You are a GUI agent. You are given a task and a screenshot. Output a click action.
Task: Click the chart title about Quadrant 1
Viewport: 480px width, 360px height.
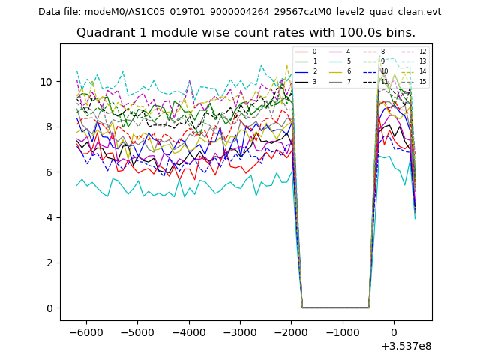pyautogui.click(x=245, y=33)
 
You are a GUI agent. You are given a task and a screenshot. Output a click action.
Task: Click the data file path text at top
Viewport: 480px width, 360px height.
pyautogui.click(x=239, y=12)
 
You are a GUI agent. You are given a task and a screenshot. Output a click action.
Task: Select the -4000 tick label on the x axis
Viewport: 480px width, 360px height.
pyautogui.click(x=188, y=331)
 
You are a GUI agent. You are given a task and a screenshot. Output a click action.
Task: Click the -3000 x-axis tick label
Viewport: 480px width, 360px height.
pyautogui.click(x=239, y=331)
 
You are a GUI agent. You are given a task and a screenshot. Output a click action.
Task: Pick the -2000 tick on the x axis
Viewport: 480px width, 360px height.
pyautogui.click(x=291, y=331)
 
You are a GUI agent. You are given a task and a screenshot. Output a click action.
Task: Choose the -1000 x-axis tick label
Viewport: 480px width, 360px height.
pyautogui.click(x=342, y=331)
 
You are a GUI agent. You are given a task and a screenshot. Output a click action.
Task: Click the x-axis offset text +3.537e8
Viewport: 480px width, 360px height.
pyautogui.click(x=406, y=346)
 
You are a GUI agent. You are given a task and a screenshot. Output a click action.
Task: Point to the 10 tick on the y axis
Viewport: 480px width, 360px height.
pyautogui.click(x=46, y=81)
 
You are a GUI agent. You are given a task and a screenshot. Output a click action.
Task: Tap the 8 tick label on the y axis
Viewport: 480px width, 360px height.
pyautogui.click(x=49, y=127)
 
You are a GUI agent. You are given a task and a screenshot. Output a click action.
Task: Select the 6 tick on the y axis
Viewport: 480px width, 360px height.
pyautogui.click(x=49, y=172)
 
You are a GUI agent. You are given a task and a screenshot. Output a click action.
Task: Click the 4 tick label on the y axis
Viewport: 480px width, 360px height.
pyautogui.click(x=49, y=217)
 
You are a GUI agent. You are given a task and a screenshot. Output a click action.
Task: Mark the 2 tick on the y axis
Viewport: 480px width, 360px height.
pyautogui.click(x=49, y=262)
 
